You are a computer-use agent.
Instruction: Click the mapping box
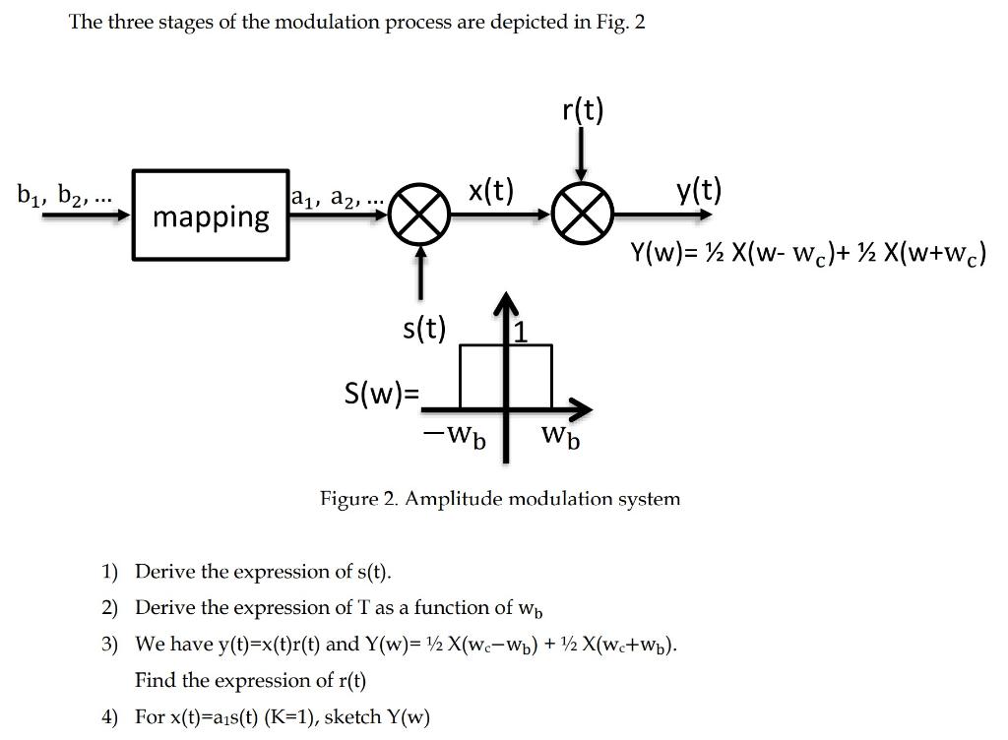coord(211,215)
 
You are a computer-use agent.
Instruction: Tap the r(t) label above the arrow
coord(583,110)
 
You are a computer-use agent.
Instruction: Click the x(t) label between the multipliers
coord(490,190)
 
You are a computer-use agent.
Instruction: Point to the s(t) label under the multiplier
coord(424,328)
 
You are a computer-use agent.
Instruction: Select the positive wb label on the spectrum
coord(560,436)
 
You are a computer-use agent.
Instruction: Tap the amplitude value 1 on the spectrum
coord(522,334)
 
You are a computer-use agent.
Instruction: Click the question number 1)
coord(109,572)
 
